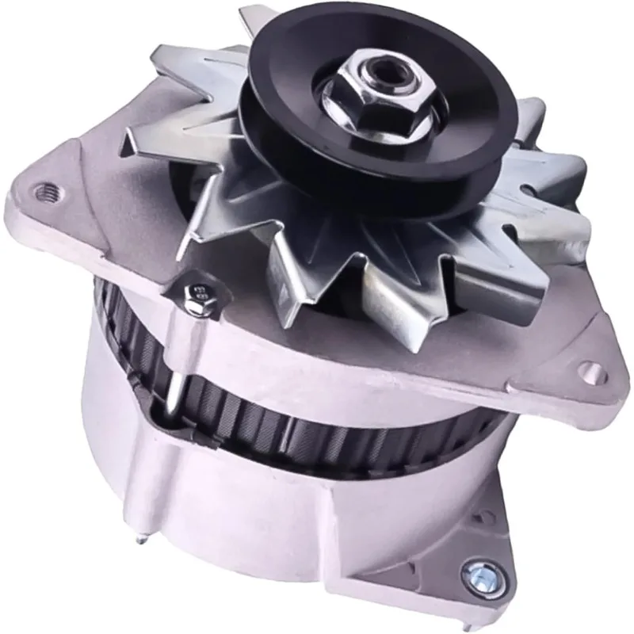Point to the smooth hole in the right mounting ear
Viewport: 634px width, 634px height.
tap(590, 369)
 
